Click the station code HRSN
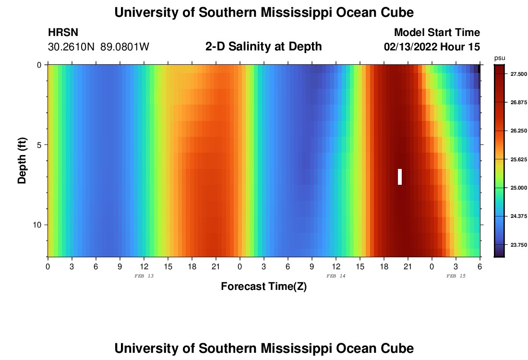(63, 33)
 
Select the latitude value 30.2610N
(72, 47)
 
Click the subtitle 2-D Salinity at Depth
(264, 47)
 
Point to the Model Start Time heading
(437, 33)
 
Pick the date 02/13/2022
(412, 47)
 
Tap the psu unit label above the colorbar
(500, 58)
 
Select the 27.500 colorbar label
(519, 73)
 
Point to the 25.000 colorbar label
(519, 187)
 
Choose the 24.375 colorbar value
(519, 216)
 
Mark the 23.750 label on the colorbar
(519, 245)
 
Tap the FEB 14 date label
(336, 276)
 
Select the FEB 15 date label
(456, 276)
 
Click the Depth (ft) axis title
(22, 161)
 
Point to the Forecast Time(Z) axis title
(264, 287)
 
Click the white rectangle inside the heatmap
(400, 177)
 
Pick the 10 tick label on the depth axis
(38, 225)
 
